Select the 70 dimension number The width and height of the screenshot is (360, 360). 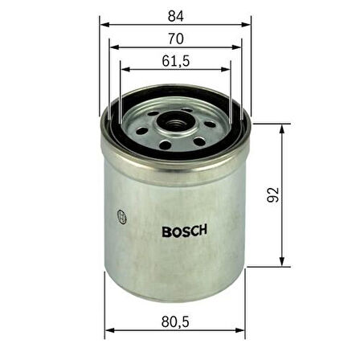[x=175, y=38]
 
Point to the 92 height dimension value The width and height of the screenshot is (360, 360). [x=273, y=194]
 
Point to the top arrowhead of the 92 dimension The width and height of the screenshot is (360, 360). [x=282, y=127]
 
